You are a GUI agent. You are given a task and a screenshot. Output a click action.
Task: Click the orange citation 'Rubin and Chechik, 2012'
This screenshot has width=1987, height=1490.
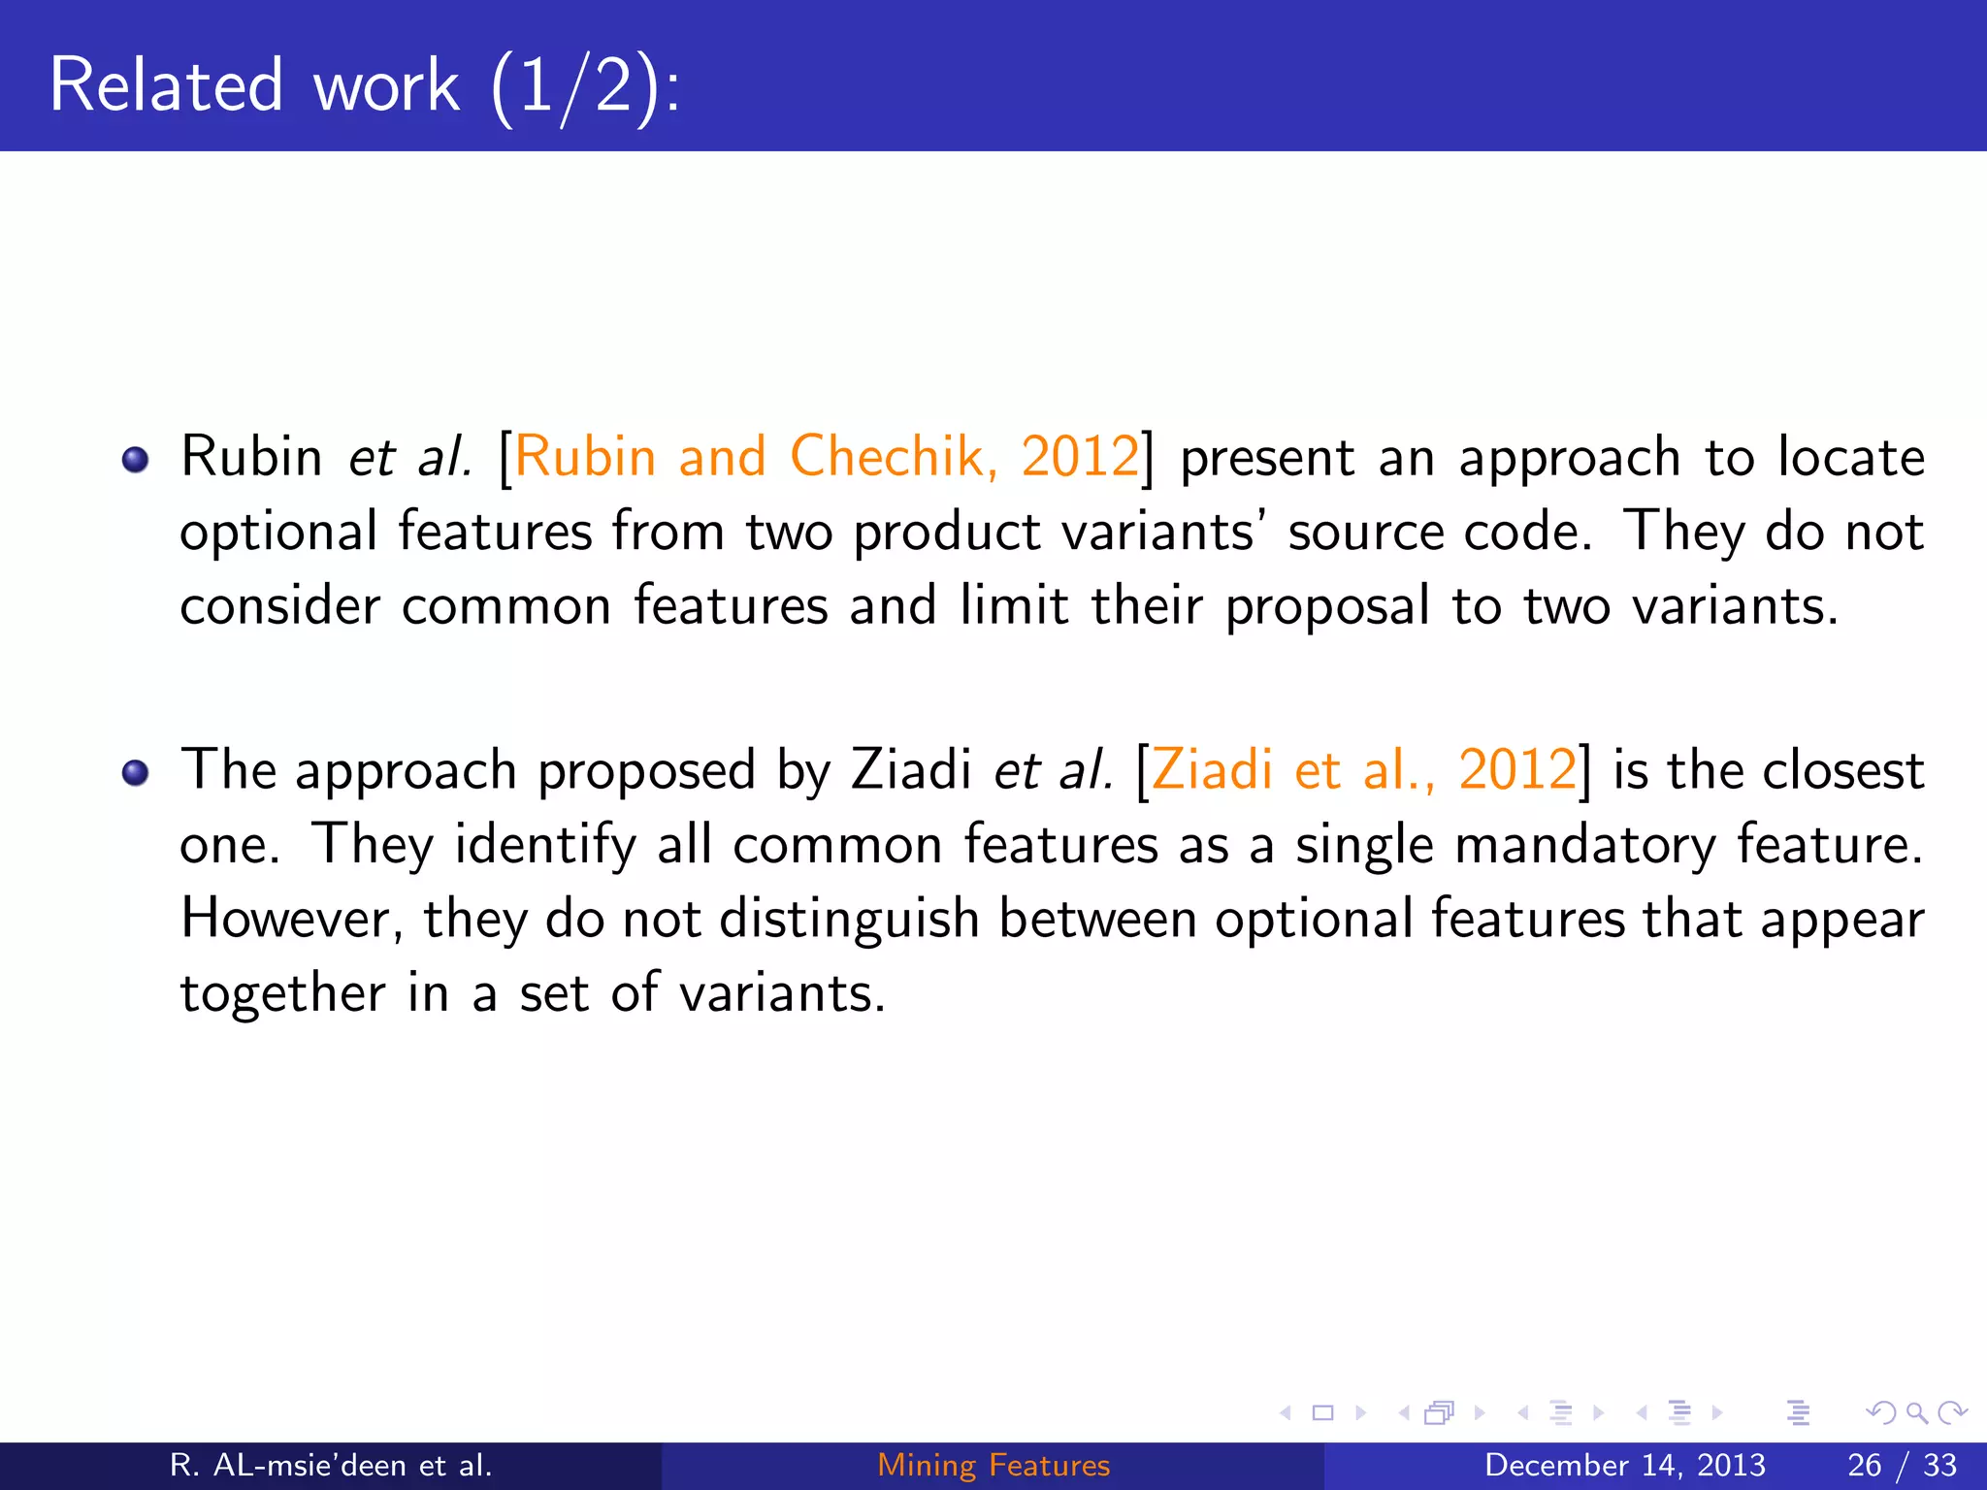coord(826,456)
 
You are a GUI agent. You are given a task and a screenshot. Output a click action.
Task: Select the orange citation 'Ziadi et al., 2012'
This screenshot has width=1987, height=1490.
coord(1363,770)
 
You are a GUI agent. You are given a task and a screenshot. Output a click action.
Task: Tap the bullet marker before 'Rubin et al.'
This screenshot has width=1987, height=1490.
coord(136,459)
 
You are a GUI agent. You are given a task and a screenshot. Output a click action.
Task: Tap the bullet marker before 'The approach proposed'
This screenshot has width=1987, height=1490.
coord(136,773)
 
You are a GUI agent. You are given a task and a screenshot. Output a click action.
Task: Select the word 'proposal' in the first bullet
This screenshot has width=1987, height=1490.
coord(1326,606)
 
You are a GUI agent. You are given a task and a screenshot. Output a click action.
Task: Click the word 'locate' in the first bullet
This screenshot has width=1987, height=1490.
coord(1850,456)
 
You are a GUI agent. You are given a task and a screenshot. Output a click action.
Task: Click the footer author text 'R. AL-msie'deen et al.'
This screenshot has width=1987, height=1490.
coord(331,1465)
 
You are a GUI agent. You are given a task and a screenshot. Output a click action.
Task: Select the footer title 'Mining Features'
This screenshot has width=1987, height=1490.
coord(993,1465)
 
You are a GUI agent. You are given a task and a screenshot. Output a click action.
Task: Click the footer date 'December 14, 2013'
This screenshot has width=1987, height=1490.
coord(1624,1465)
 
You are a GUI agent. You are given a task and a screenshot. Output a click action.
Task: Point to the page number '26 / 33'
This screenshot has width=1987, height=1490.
coord(1902,1465)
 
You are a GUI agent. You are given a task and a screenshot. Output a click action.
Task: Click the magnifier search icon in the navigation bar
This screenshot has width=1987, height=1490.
coord(1915,1413)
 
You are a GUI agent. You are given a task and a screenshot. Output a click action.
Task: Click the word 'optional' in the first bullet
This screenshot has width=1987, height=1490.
coord(278,533)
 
